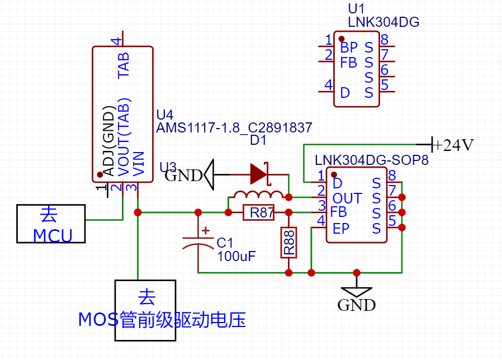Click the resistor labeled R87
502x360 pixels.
pyautogui.click(x=258, y=212)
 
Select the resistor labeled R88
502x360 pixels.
pyautogui.click(x=288, y=243)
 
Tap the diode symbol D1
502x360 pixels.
pyautogui.click(x=259, y=173)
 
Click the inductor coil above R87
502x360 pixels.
pyautogui.click(x=258, y=195)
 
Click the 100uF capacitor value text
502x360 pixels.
pyautogui.click(x=236, y=257)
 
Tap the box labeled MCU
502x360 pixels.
pyautogui.click(x=51, y=224)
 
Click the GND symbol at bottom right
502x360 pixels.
pyautogui.click(x=356, y=291)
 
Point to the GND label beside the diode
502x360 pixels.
pyautogui.click(x=183, y=176)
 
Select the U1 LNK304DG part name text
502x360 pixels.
pyautogui.click(x=383, y=22)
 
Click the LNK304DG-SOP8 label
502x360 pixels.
pyautogui.click(x=372, y=160)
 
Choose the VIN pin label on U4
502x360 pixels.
pyautogui.click(x=139, y=164)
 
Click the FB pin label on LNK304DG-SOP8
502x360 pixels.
pyautogui.click(x=339, y=212)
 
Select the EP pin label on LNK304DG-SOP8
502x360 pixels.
pyautogui.click(x=340, y=228)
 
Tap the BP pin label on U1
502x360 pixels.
pyautogui.click(x=348, y=47)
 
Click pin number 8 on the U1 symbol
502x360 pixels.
pyautogui.click(x=385, y=40)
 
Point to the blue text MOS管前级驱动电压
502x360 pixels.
pyautogui.click(x=162, y=320)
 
